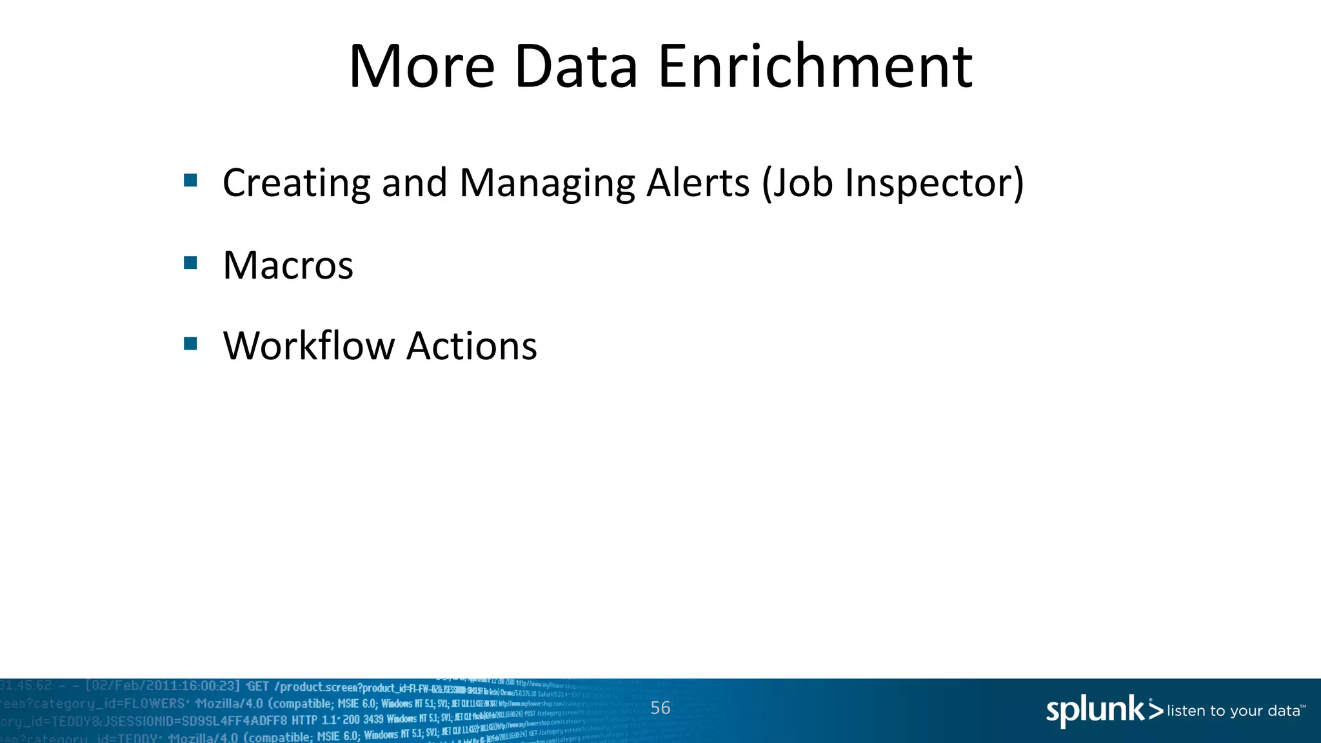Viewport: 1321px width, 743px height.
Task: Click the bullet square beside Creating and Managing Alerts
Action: (x=190, y=180)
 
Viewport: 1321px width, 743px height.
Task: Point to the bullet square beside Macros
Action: (x=190, y=263)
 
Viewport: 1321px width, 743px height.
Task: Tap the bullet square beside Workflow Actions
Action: (x=190, y=343)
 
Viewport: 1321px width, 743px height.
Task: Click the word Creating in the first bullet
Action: (x=296, y=183)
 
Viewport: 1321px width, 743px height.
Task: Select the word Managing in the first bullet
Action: (x=547, y=183)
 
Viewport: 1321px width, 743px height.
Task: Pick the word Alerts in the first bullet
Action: (x=698, y=183)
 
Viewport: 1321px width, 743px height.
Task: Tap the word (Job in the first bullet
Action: (x=797, y=183)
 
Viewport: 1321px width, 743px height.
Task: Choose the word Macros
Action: (x=288, y=265)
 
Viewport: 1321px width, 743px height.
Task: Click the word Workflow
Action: (x=308, y=346)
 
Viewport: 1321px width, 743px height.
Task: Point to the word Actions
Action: (x=472, y=346)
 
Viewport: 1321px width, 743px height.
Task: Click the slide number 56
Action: (x=660, y=708)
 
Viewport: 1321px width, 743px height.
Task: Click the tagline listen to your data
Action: (x=1234, y=711)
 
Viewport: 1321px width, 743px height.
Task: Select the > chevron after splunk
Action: (x=1155, y=711)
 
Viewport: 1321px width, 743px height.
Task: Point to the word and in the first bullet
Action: (x=414, y=183)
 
